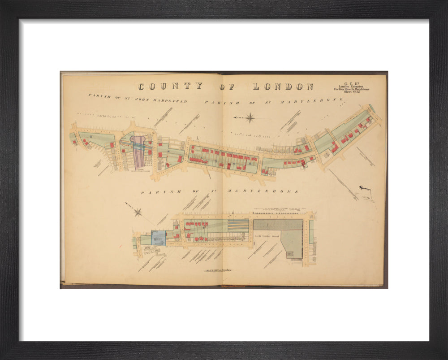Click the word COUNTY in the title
(170, 87)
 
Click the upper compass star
(250, 118)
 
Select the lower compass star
(138, 212)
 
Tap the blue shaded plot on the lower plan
(158, 238)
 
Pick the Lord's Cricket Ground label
(267, 235)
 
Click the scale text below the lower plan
(218, 270)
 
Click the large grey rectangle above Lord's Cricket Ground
(278, 225)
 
